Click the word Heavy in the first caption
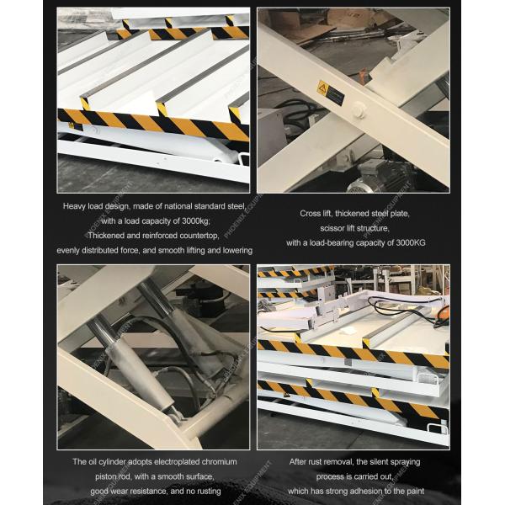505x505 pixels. point(77,205)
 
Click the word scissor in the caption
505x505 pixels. point(335,228)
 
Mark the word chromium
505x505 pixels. point(219,461)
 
